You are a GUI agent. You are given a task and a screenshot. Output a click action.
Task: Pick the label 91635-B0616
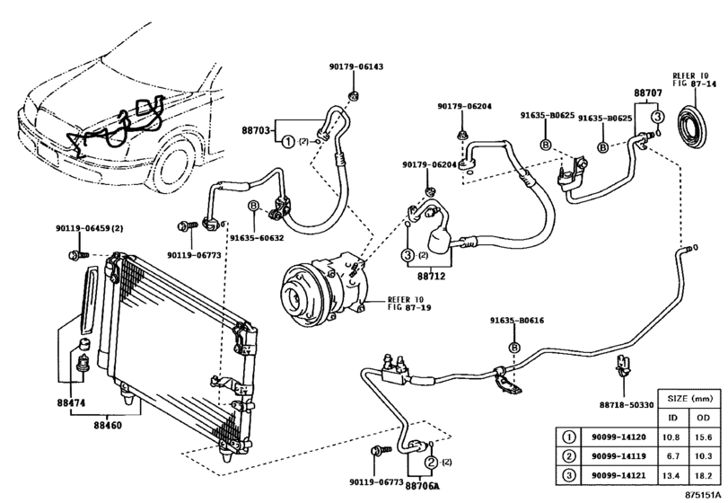coord(516,321)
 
